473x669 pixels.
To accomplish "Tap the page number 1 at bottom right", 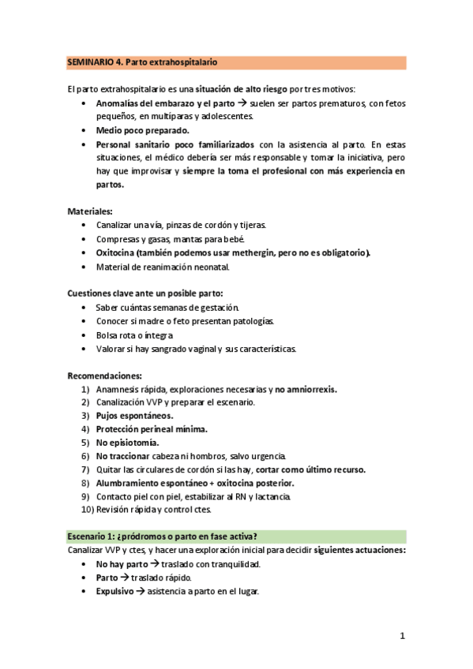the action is (x=402, y=635).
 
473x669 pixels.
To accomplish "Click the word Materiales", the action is (x=89, y=211).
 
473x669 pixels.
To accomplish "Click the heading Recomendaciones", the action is (x=104, y=376).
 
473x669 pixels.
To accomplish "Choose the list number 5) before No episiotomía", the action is (x=85, y=443).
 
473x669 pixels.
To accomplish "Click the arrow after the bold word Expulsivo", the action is (x=140, y=592).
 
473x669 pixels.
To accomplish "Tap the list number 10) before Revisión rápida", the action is (x=87, y=510).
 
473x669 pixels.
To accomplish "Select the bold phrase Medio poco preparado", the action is (x=143, y=130).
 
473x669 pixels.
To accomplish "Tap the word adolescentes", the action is (x=225, y=116).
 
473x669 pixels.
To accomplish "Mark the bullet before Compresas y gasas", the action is (x=85, y=239).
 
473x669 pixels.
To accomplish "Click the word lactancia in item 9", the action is (x=272, y=496).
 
